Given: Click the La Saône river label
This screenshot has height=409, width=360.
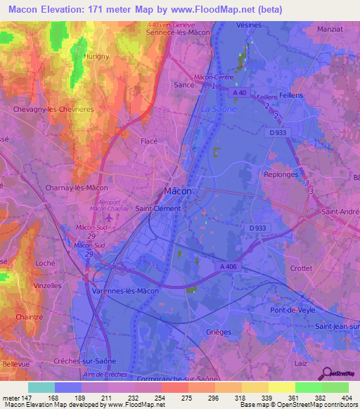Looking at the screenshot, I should tap(219, 109).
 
